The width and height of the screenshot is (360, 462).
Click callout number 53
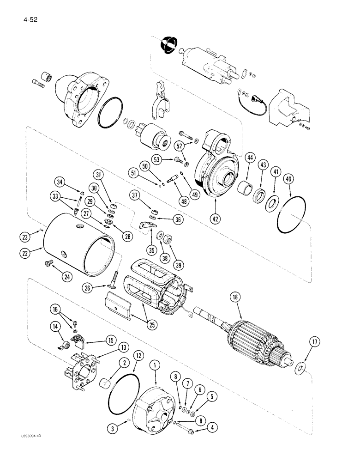(x=158, y=160)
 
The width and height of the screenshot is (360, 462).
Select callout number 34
(x=60, y=180)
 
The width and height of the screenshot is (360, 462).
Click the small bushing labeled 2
(x=106, y=384)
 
